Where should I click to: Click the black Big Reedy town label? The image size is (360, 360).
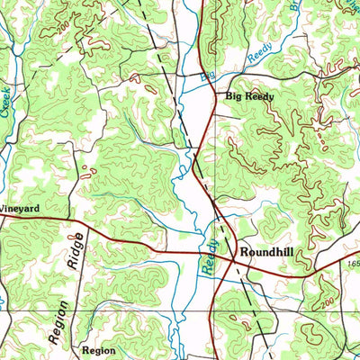click(x=249, y=95)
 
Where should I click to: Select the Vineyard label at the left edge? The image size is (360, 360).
click(x=19, y=208)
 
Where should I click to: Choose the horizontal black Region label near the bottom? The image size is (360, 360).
click(x=98, y=348)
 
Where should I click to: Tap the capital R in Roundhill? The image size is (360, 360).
click(x=242, y=254)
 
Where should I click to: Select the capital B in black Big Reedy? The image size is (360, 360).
click(x=229, y=95)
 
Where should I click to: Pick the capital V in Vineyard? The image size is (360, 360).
click(x=3, y=208)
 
